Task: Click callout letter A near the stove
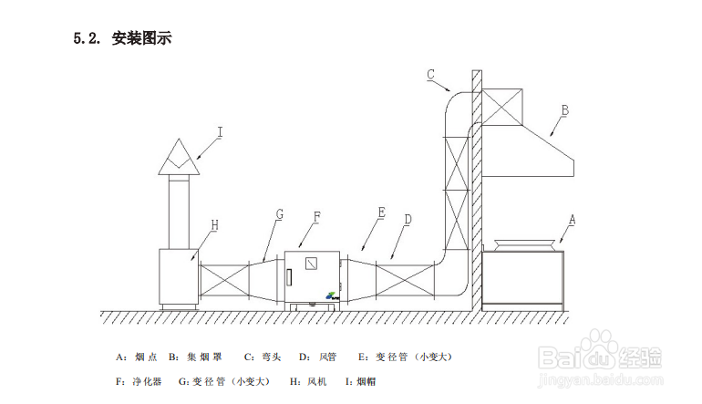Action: [572, 220]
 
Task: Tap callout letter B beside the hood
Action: [564, 110]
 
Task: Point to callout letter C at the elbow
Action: [431, 75]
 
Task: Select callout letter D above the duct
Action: [408, 220]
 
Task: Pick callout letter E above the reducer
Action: [381, 212]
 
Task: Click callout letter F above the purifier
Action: [317, 217]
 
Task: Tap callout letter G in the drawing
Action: [280, 214]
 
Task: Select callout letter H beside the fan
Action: [214, 223]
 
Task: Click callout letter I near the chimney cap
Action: [220, 131]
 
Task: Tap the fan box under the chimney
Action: [180, 276]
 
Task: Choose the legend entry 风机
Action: [316, 380]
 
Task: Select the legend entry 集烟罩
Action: [204, 356]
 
